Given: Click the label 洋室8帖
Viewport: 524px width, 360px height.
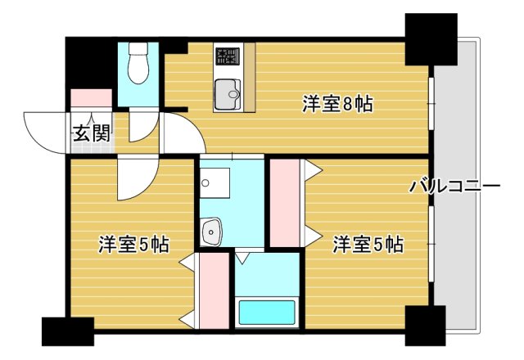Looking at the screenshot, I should click(x=337, y=104).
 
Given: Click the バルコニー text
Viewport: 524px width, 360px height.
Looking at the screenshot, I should click(x=454, y=187).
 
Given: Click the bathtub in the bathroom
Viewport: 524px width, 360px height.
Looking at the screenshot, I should click(x=265, y=312).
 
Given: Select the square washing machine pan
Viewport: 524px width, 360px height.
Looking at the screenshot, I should click(x=217, y=182).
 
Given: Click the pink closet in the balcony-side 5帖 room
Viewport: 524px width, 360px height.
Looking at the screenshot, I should click(x=284, y=203).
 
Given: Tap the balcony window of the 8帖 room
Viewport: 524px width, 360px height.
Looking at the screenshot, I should click(x=431, y=102).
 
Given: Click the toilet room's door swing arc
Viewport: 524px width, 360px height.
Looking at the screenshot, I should click(x=141, y=124).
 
